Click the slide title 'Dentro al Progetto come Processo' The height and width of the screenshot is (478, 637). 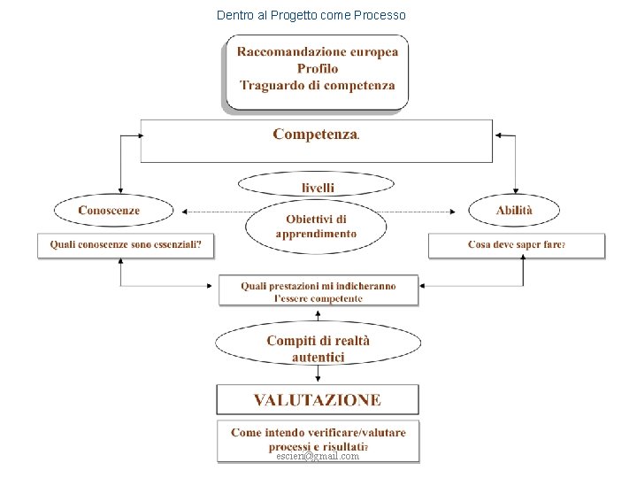tap(311, 15)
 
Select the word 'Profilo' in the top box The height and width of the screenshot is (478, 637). tap(318, 68)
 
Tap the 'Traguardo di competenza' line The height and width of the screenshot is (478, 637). tap(318, 86)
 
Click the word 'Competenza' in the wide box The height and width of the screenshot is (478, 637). tap(315, 135)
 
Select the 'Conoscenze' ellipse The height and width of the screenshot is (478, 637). tap(109, 210)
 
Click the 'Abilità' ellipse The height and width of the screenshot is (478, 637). tap(514, 210)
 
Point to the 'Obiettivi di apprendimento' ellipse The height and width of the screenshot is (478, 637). tap(316, 227)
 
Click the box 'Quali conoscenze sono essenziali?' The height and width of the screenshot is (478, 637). tap(126, 244)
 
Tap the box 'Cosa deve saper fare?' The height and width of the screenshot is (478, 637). tap(517, 244)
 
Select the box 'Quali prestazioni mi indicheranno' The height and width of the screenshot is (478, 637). tap(318, 291)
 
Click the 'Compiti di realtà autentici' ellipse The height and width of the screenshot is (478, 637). tap(318, 349)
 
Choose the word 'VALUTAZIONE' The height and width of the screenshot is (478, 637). tap(318, 400)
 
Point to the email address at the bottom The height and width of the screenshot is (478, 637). tap(318, 456)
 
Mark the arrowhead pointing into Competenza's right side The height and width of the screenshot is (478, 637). tap(499, 135)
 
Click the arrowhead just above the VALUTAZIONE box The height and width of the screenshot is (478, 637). tap(318, 379)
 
